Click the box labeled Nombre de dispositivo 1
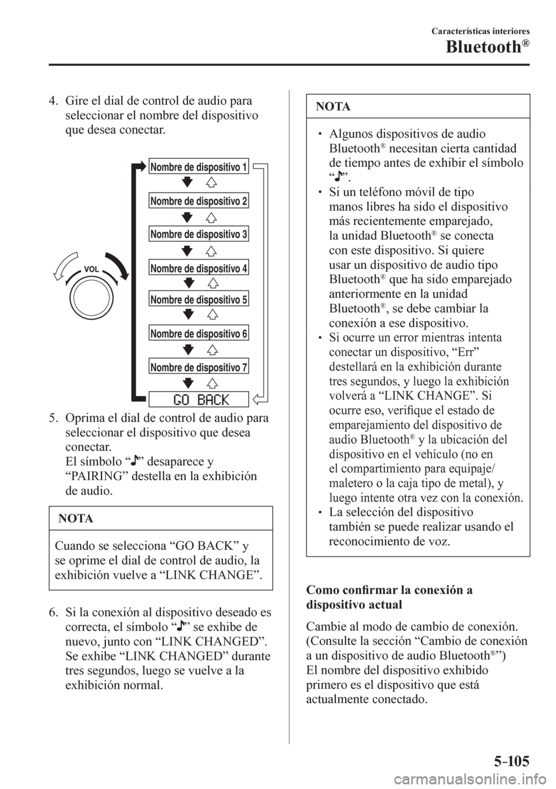199,167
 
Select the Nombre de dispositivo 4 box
199,267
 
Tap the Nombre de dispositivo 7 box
199,366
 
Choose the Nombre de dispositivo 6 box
199,334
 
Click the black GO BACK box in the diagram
199,399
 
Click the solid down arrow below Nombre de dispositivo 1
186,183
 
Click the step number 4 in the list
50,100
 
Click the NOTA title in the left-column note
76,518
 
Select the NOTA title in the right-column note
333,107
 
